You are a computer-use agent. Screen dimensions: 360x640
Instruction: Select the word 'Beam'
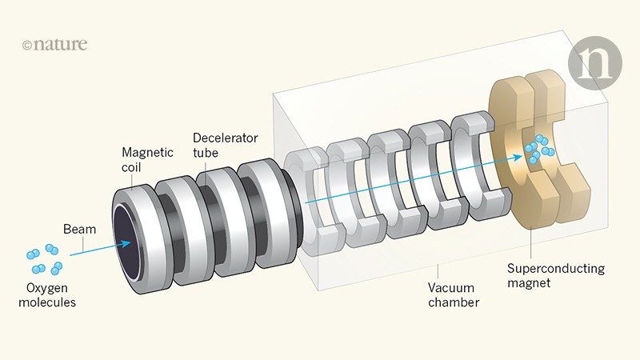80,230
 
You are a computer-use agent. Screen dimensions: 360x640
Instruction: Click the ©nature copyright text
54,45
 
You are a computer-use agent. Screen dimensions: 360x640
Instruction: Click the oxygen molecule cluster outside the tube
45,258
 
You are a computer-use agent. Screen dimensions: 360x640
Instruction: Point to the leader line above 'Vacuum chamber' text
438,272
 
